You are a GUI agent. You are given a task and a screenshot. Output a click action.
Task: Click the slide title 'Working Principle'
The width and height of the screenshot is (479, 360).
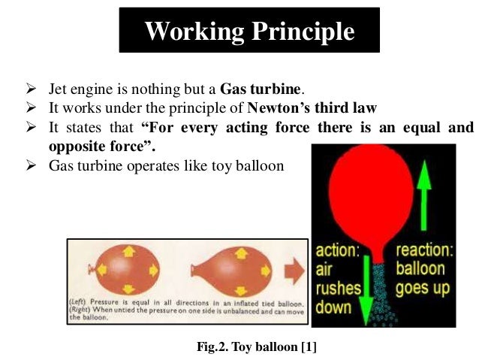click(249, 32)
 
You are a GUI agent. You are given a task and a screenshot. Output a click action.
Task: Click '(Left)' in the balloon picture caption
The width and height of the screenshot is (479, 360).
click(86, 301)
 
